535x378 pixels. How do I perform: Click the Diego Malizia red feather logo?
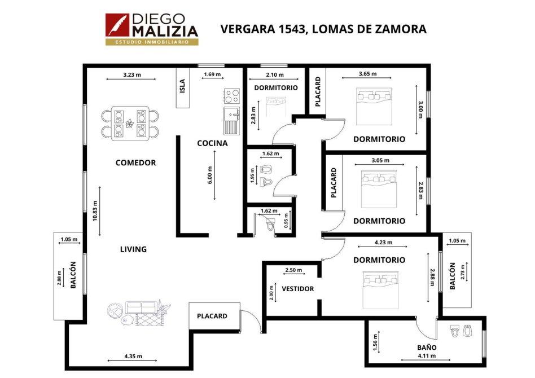tap(117, 25)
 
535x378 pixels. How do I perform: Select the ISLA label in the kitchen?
tap(182, 86)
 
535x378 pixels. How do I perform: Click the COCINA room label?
tap(212, 143)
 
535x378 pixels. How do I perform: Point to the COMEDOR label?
tap(135, 162)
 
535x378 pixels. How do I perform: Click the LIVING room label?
tap(133, 249)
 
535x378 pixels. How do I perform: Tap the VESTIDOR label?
tap(297, 289)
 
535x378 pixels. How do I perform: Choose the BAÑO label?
tap(427, 348)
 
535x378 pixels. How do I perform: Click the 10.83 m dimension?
tap(95, 211)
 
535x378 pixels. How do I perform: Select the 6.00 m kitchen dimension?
tap(210, 175)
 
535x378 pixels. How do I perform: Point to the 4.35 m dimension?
tap(133, 356)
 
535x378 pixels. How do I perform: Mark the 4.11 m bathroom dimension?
tap(427, 355)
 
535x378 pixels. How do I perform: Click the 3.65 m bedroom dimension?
tap(368, 74)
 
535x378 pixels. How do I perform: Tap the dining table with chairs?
tap(130, 124)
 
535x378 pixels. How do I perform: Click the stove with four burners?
tap(232, 96)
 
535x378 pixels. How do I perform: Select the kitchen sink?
tap(232, 120)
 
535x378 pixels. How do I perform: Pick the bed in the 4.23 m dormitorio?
tap(380, 290)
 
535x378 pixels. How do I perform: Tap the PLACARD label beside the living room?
tap(212, 317)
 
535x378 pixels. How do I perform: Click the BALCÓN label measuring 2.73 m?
tap(453, 276)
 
